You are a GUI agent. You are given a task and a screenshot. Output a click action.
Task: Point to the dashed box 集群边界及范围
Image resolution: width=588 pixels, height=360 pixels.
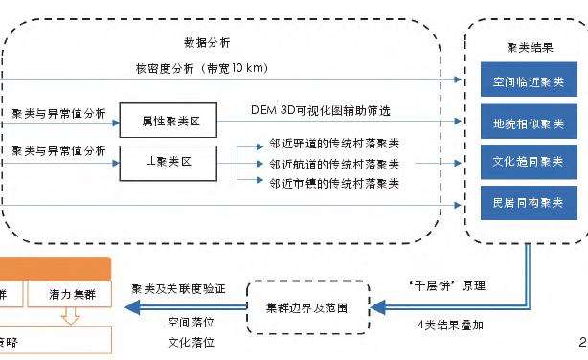306,307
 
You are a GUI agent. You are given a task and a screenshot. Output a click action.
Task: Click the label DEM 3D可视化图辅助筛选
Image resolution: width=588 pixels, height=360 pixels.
320,112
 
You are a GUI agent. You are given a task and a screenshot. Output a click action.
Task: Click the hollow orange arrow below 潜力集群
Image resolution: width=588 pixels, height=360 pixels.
68,316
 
